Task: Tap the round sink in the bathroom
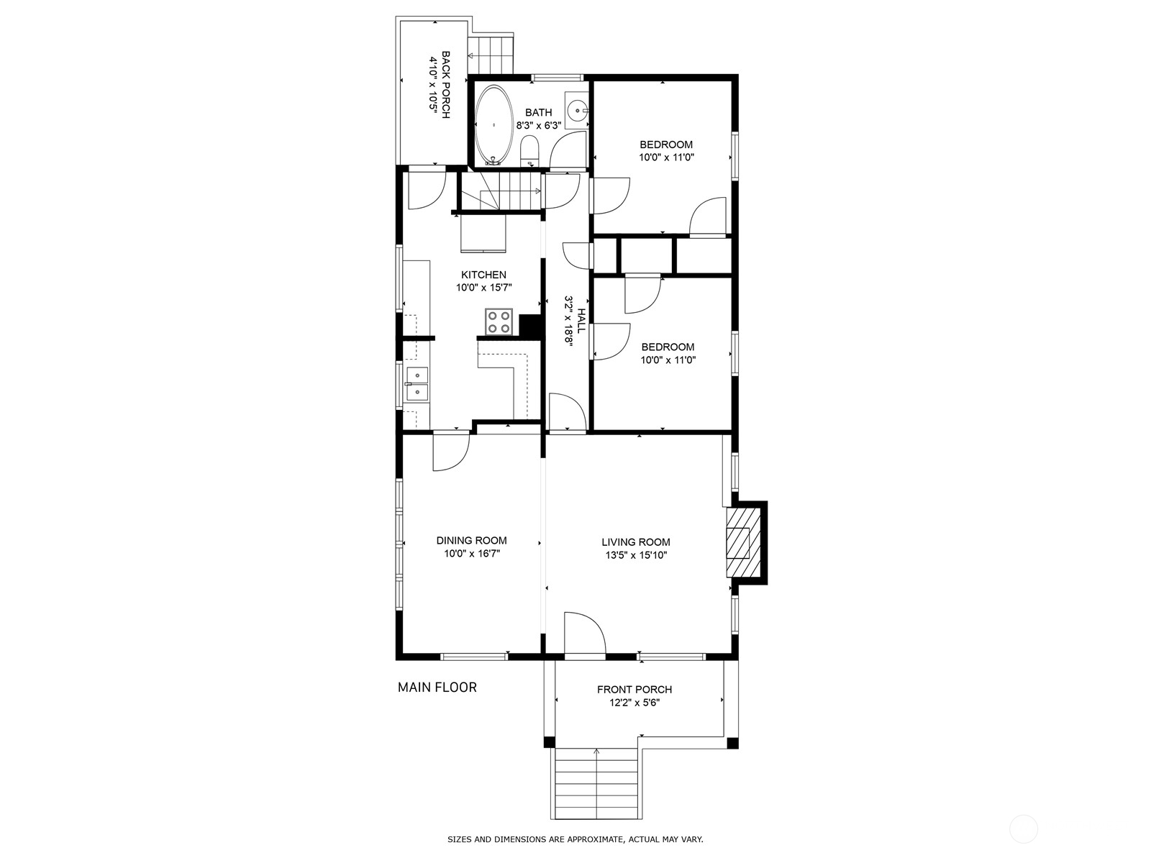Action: click(578, 111)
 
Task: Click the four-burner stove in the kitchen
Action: click(498, 321)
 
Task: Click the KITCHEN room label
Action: click(483, 275)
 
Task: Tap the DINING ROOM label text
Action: click(471, 540)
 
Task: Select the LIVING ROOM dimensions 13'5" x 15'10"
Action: click(636, 555)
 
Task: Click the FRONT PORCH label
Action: click(634, 690)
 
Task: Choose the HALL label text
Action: click(581, 321)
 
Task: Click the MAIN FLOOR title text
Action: click(437, 688)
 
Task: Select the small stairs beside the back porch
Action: click(491, 55)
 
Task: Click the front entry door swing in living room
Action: click(585, 633)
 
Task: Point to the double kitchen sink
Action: click(417, 383)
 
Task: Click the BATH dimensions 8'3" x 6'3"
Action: click(539, 126)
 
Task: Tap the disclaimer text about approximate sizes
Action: click(575, 839)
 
